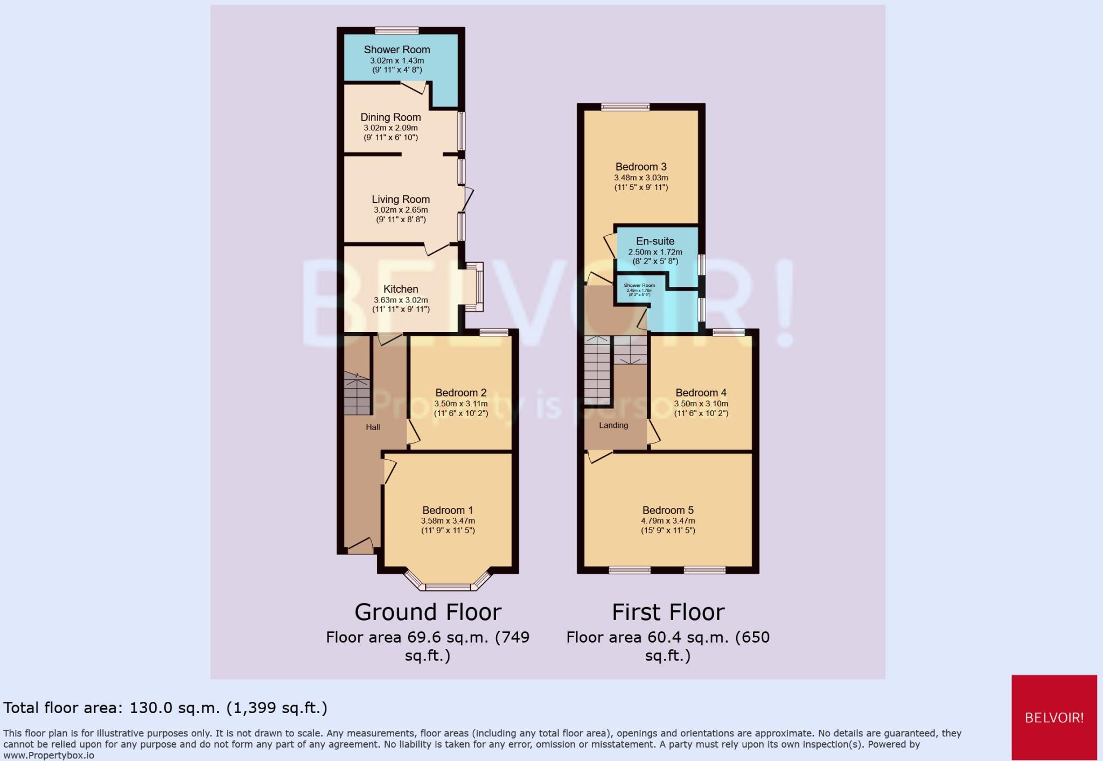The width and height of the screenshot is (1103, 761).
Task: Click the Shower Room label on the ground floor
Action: pyautogui.click(x=397, y=50)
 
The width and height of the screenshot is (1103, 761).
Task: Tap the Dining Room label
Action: pyautogui.click(x=390, y=117)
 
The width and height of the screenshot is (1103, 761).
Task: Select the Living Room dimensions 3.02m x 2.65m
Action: pyautogui.click(x=401, y=210)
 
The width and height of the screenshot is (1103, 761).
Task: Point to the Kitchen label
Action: pyautogui.click(x=401, y=289)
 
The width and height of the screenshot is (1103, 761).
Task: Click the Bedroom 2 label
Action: pyautogui.click(x=461, y=393)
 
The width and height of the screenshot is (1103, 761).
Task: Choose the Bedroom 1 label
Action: pyautogui.click(x=448, y=510)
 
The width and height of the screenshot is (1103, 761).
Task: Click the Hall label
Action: pyautogui.click(x=373, y=427)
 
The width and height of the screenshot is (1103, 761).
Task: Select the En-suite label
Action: pyautogui.click(x=655, y=241)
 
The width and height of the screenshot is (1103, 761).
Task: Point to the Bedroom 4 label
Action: pyautogui.click(x=701, y=393)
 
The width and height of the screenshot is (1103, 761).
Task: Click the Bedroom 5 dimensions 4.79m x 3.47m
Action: pyautogui.click(x=668, y=521)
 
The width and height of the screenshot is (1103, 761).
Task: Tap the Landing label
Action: pyautogui.click(x=613, y=425)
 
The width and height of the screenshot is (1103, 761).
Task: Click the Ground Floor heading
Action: pyautogui.click(x=428, y=612)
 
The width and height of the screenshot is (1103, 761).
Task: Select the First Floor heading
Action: pyautogui.click(x=668, y=612)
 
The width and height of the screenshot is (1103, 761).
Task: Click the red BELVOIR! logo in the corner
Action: pyautogui.click(x=1054, y=717)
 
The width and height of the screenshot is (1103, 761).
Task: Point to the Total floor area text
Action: pyautogui.click(x=165, y=708)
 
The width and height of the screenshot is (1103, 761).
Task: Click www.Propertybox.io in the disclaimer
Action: pyautogui.click(x=49, y=756)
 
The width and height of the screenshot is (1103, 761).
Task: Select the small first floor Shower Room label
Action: pyautogui.click(x=639, y=285)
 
